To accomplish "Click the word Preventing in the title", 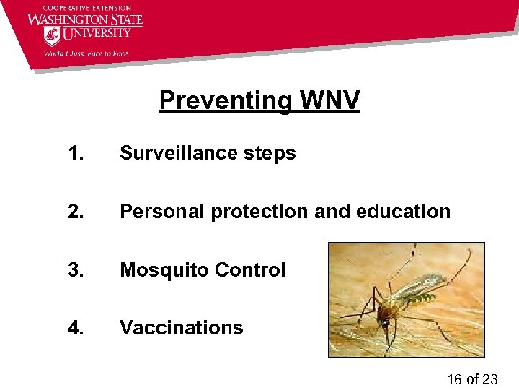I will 224,101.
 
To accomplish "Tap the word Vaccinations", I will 182,328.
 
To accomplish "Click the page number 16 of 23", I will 471,379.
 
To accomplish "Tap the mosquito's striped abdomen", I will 418,292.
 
